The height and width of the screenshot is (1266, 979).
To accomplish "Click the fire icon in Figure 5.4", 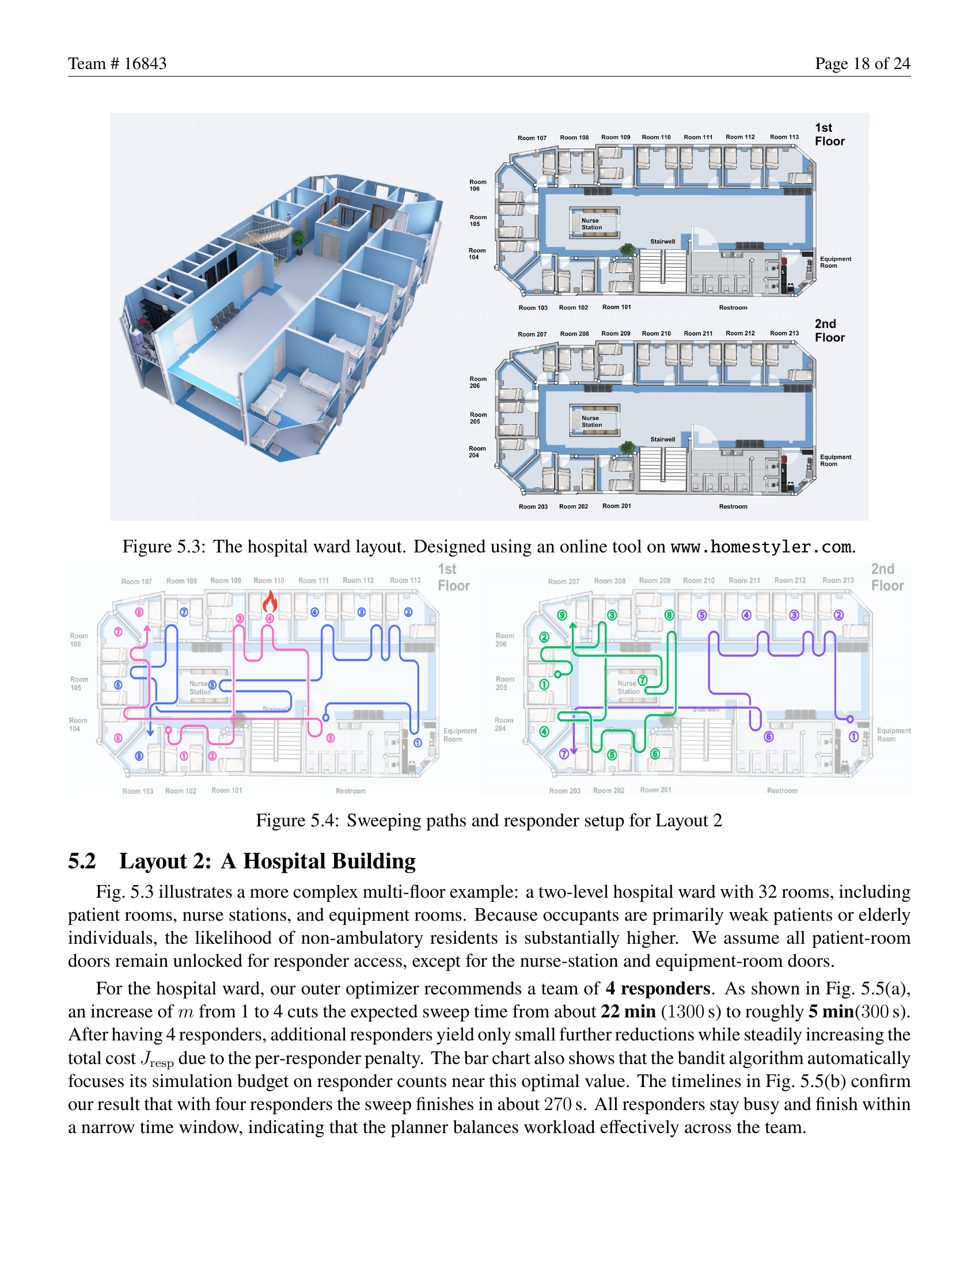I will (270, 603).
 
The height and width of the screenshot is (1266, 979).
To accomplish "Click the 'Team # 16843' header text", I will (117, 63).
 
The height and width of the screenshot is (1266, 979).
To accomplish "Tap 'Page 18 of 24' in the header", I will (862, 63).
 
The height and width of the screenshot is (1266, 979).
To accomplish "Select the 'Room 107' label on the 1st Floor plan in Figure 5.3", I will (532, 138).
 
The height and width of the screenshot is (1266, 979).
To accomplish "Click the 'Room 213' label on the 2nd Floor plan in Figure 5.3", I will (784, 333).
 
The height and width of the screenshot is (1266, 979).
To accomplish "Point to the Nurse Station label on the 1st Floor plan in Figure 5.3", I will (591, 224).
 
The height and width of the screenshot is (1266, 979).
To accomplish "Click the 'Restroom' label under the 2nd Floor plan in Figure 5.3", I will (733, 506).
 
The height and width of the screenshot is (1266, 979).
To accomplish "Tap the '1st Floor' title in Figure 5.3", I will (829, 135).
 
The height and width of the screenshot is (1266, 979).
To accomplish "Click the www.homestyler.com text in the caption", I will (761, 547).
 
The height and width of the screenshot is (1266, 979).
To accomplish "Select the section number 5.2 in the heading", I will (82, 861).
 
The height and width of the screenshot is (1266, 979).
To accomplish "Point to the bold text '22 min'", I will (628, 1012).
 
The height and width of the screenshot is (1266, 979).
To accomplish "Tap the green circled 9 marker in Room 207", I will (561, 615).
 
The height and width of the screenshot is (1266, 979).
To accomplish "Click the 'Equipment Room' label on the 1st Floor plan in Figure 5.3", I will (835, 262).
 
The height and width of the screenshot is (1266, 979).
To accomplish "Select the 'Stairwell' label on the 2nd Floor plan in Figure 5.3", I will (662, 440).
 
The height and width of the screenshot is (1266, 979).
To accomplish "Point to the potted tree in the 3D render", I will (299, 240).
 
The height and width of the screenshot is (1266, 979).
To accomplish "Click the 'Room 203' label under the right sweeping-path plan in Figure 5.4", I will (564, 791).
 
